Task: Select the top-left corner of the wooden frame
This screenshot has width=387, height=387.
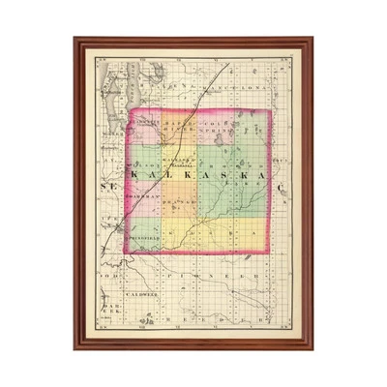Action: pyautogui.click(x=74, y=39)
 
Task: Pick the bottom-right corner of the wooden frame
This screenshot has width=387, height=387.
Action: pyautogui.click(x=313, y=347)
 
